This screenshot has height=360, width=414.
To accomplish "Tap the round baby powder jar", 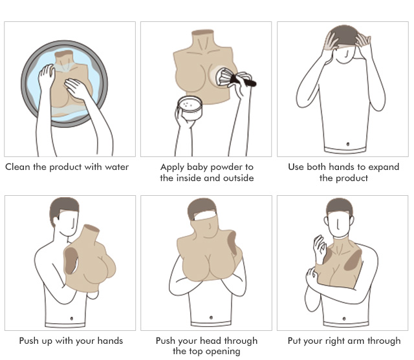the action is click(190, 108).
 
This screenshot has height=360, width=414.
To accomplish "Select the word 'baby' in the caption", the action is click(197, 167).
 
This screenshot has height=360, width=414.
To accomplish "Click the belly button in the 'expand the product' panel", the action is click(348, 144).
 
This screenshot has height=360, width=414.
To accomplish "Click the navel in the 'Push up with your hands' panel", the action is click(72, 319).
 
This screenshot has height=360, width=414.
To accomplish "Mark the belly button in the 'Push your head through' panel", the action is click(211, 317).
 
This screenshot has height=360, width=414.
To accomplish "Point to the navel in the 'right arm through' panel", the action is click(344, 319).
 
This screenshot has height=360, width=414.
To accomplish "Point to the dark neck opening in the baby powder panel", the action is click(202, 32).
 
